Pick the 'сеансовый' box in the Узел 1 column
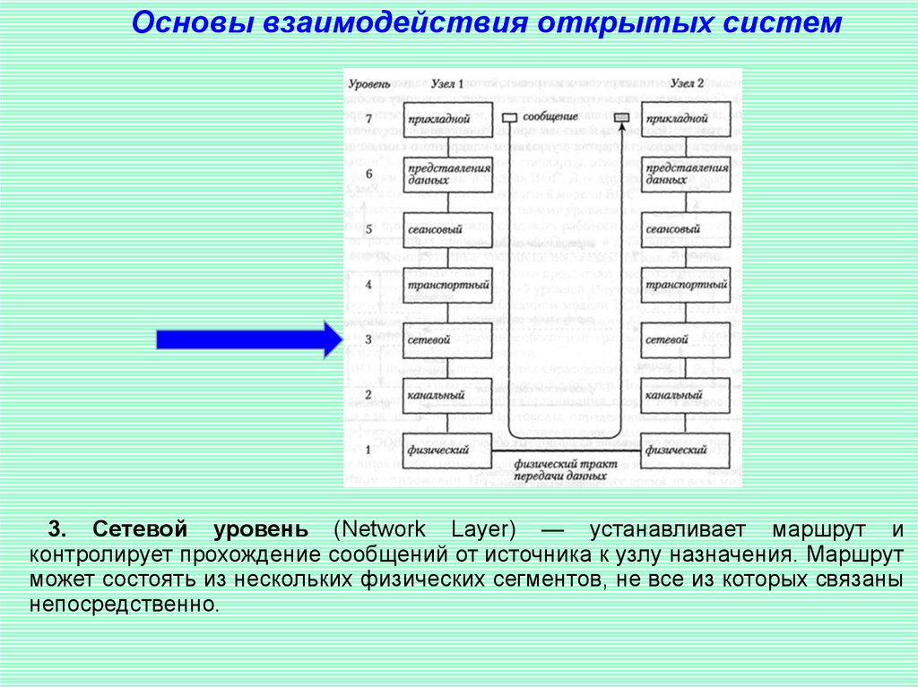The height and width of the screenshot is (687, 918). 447,229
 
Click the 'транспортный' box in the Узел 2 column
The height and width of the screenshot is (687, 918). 686,285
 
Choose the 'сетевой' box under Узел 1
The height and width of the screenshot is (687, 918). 447,340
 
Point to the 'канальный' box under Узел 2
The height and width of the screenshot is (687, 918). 686,395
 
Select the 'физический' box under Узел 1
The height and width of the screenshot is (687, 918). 447,450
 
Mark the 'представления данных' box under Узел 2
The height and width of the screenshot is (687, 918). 686,174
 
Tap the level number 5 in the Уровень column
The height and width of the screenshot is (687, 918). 368,229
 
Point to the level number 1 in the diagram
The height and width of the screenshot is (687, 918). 368,450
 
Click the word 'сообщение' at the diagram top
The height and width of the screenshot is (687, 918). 550,117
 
